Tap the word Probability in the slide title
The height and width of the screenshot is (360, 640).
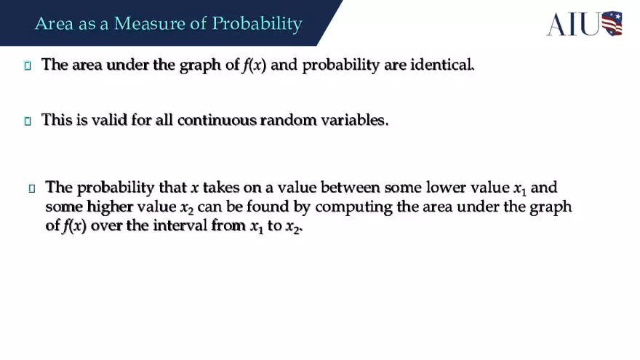[257, 23]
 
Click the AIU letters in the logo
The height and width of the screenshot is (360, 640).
[573, 24]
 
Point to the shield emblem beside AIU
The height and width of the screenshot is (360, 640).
[612, 23]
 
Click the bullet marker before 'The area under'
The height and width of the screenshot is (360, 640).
[28, 65]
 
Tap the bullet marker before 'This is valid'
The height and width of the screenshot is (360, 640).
[28, 121]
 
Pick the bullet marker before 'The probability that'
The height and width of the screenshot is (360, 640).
[32, 188]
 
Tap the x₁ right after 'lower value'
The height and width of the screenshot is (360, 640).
[519, 189]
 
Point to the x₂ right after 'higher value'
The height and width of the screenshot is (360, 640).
[186, 208]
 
